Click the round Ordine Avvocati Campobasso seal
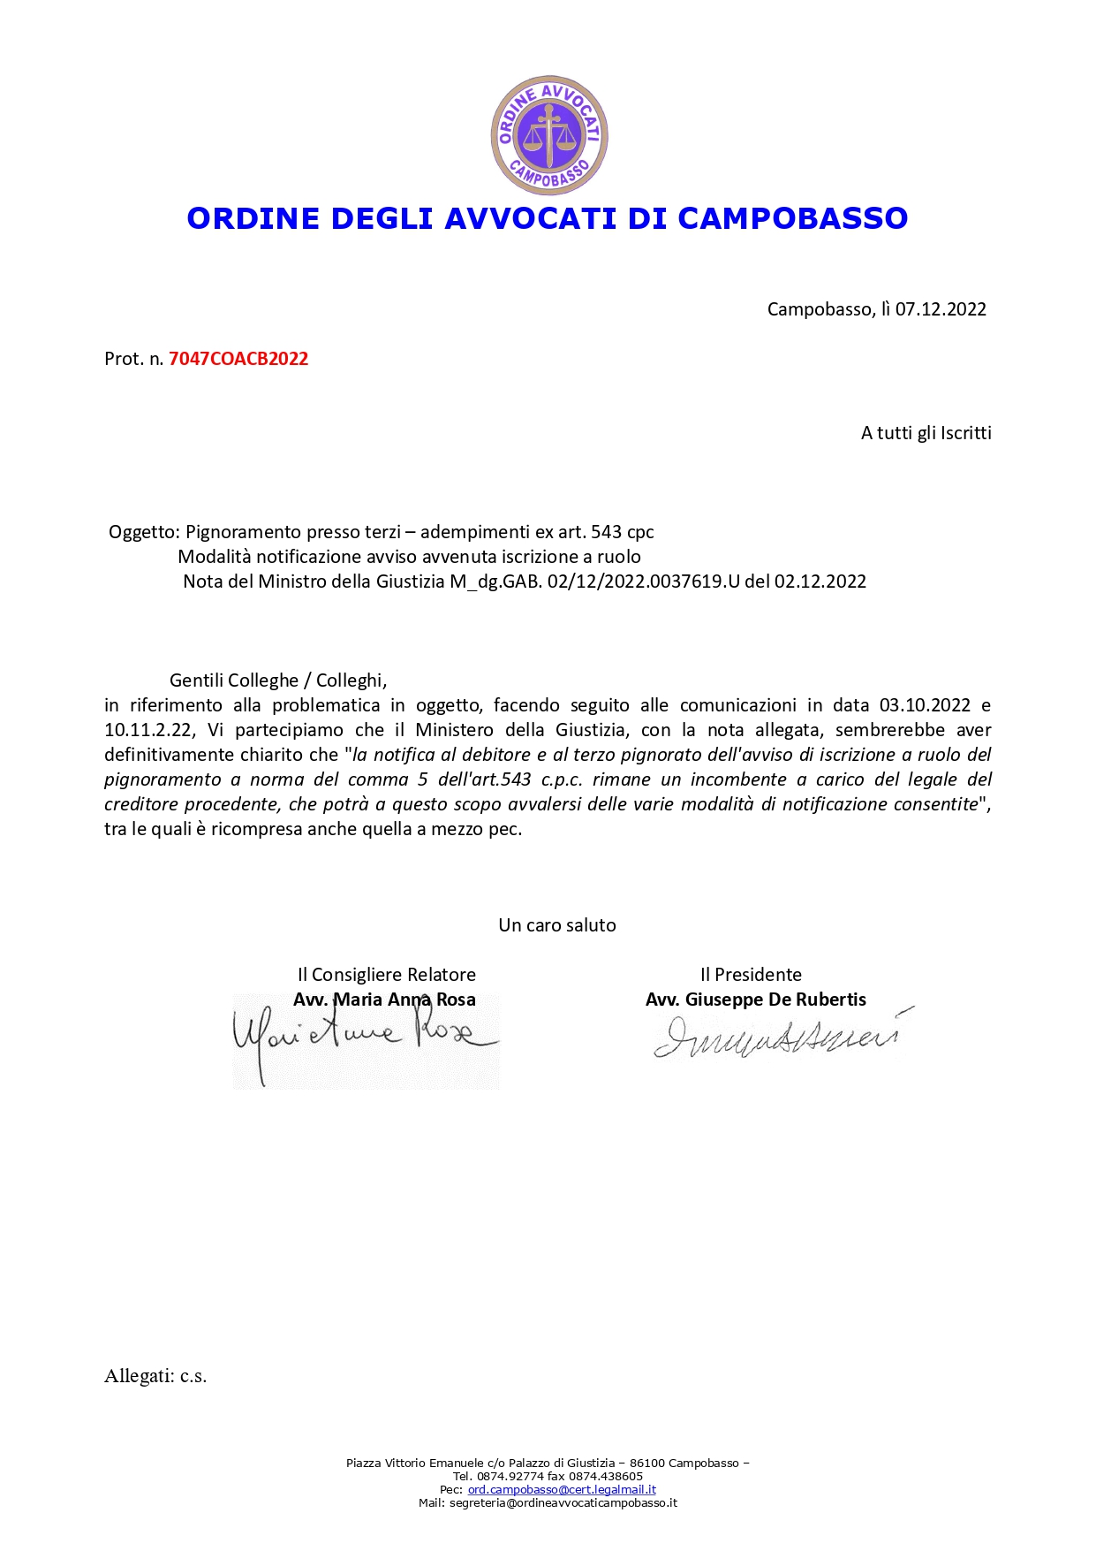[549, 135]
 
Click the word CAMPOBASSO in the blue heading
[792, 218]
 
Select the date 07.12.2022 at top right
[941, 309]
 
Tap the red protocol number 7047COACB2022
[238, 359]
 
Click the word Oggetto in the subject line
[143, 532]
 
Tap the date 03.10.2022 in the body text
[925, 705]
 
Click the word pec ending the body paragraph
[505, 829]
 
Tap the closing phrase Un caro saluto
[557, 925]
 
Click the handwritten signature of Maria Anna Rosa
[362, 1038]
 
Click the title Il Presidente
[751, 975]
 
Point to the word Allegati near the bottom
[139, 1376]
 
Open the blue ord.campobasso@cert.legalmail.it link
[562, 1489]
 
